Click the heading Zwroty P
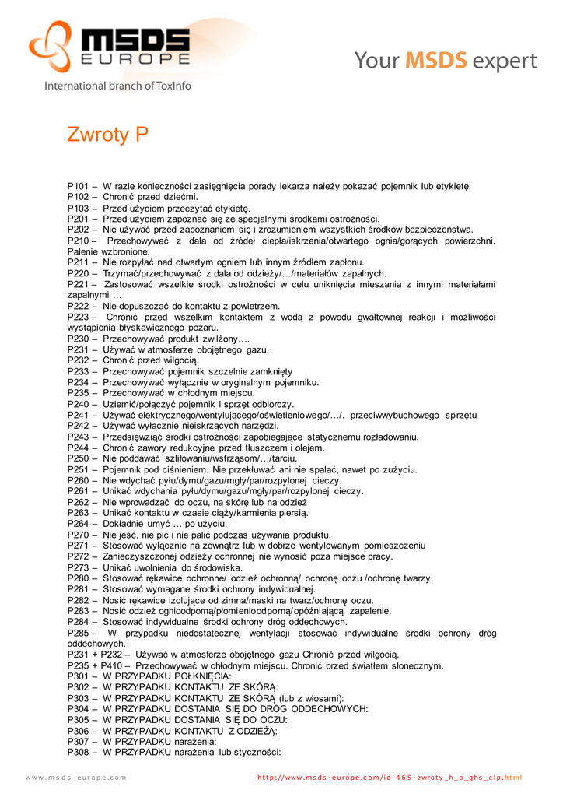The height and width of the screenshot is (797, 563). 107,135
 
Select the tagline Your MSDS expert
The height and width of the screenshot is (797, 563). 446,61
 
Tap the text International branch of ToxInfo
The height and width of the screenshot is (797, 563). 117,85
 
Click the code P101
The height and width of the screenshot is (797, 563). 79,186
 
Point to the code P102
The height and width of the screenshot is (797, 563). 79,197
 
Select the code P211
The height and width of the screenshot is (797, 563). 79,262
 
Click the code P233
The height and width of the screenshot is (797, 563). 79,371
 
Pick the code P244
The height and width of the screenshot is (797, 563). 79,448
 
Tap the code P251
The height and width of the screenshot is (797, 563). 79,469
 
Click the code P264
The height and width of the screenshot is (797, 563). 79,524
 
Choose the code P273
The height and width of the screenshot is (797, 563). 79,567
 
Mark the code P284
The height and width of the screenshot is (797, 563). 79,622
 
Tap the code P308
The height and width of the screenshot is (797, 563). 79,753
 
